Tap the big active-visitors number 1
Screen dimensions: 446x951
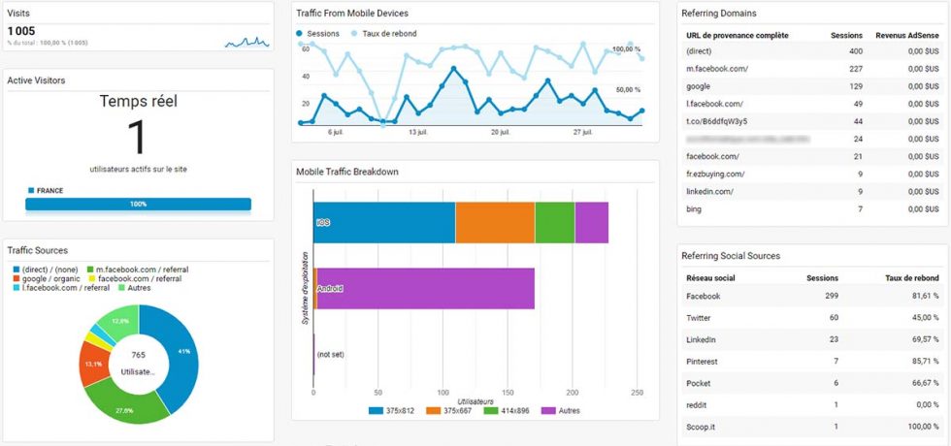point(138,137)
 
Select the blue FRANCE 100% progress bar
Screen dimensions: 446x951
point(138,205)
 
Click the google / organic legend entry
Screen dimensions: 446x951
point(48,278)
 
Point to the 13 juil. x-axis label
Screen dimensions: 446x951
point(417,132)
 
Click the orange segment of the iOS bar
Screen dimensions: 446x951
point(495,222)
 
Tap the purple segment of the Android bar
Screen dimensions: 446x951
point(427,288)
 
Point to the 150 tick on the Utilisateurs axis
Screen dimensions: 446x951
point(508,393)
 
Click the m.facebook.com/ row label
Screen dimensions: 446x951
point(711,68)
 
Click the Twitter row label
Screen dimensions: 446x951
point(700,317)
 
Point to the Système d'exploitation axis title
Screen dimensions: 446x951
point(305,287)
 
